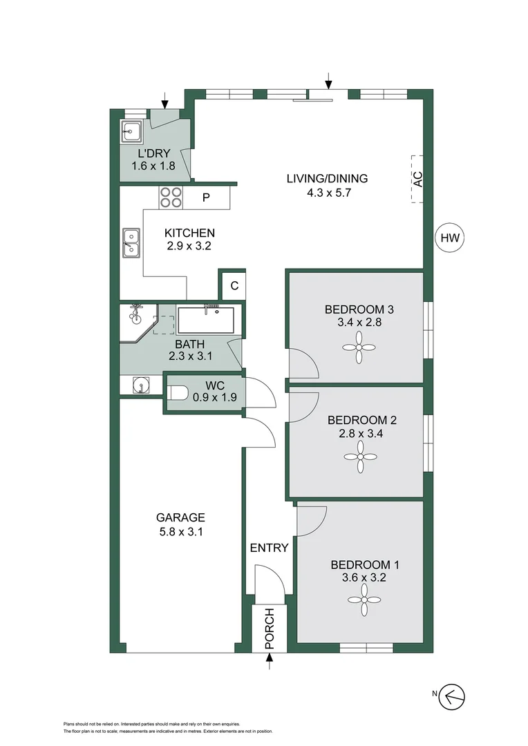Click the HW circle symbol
(x=450, y=239)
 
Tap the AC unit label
(x=417, y=179)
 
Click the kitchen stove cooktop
(x=171, y=198)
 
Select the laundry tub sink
(x=131, y=129)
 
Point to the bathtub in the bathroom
(x=205, y=320)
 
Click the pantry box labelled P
(x=206, y=198)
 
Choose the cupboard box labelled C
(x=234, y=285)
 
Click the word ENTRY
(x=269, y=548)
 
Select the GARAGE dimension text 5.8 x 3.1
(x=180, y=532)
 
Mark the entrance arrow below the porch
(x=270, y=663)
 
